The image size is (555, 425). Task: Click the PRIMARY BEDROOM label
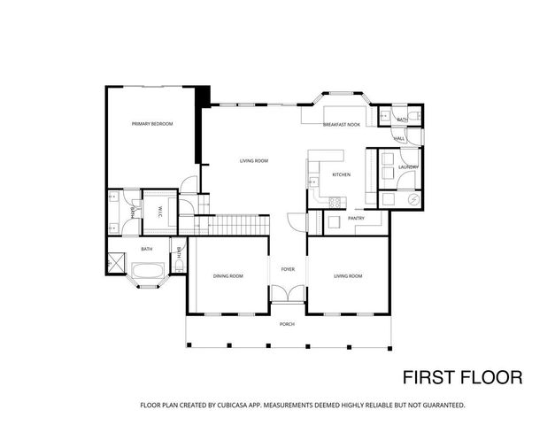(x=151, y=124)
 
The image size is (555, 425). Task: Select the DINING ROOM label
(x=227, y=276)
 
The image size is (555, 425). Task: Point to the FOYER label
(x=288, y=268)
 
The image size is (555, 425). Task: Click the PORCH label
(x=288, y=324)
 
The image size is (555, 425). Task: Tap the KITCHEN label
(x=341, y=174)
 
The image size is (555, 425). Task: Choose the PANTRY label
(x=356, y=218)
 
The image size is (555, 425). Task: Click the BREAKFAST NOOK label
(x=342, y=125)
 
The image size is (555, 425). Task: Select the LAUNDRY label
(x=408, y=167)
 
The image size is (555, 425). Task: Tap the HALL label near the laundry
(x=400, y=138)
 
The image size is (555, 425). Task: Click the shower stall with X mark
(x=116, y=264)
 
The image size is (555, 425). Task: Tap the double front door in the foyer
(x=288, y=295)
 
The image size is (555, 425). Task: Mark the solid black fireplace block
(x=204, y=96)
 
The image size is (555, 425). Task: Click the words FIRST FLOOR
(x=462, y=377)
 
